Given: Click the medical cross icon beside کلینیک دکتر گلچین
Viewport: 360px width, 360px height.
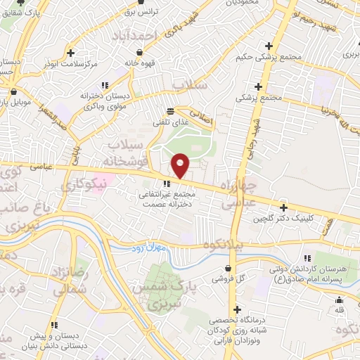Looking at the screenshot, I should click(283, 207).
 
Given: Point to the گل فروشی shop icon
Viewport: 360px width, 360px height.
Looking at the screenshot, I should click(229, 268).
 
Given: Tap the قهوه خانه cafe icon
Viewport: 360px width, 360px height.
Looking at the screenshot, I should click(141, 53).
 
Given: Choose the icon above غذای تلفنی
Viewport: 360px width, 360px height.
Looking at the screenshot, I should click(170, 112).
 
